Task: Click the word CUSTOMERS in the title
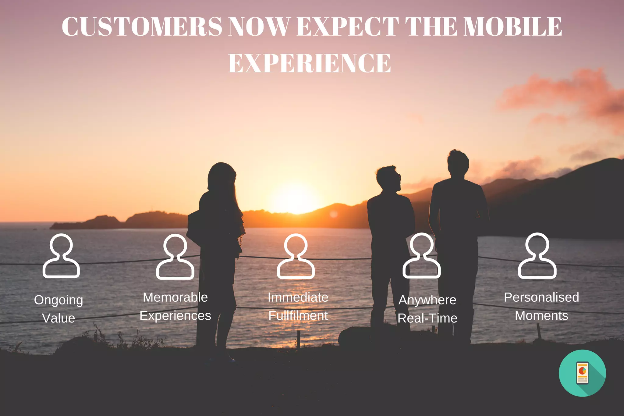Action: pos(142,27)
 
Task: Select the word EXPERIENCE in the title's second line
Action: pos(309,63)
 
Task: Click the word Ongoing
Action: pos(58,300)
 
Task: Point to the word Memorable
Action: pos(175,297)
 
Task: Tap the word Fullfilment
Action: pos(298,316)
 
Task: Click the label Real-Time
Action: pos(427,318)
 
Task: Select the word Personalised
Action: pos(541,297)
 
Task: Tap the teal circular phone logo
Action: pos(582,373)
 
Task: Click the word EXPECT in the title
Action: pos(348,27)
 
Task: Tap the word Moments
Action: pos(541,316)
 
